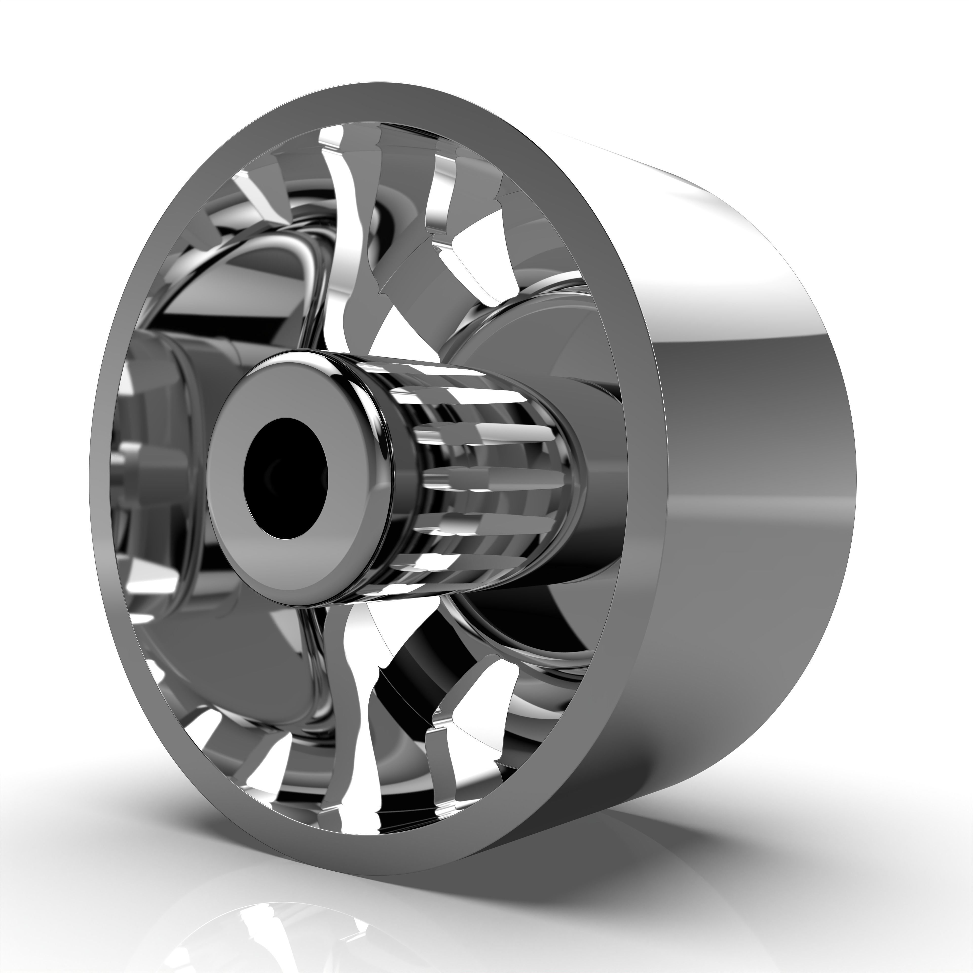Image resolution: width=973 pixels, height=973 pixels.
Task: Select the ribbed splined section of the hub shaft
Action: (483, 473)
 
